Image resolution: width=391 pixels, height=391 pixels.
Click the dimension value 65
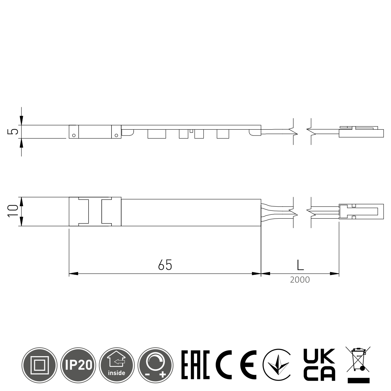pos(165,265)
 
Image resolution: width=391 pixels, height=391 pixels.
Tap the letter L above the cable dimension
pos(300,265)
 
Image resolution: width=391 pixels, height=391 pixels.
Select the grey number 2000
pos(300,280)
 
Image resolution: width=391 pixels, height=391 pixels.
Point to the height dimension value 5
pos(13,132)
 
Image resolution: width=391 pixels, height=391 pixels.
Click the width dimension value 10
pos(13,211)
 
